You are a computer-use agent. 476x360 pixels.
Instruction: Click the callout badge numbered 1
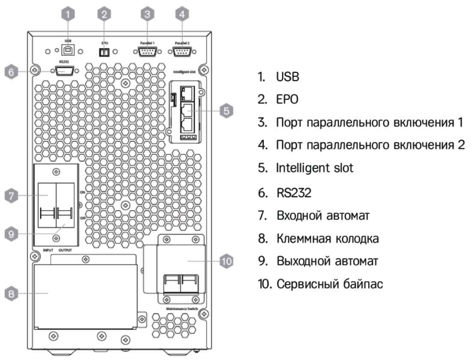tap(69, 14)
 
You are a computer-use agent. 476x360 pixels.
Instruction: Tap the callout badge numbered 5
tap(226, 111)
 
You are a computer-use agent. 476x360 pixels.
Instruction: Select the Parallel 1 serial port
tap(147, 51)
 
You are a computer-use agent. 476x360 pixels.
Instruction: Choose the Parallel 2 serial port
tap(182, 51)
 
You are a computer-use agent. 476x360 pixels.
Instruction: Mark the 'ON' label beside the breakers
tap(82, 193)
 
